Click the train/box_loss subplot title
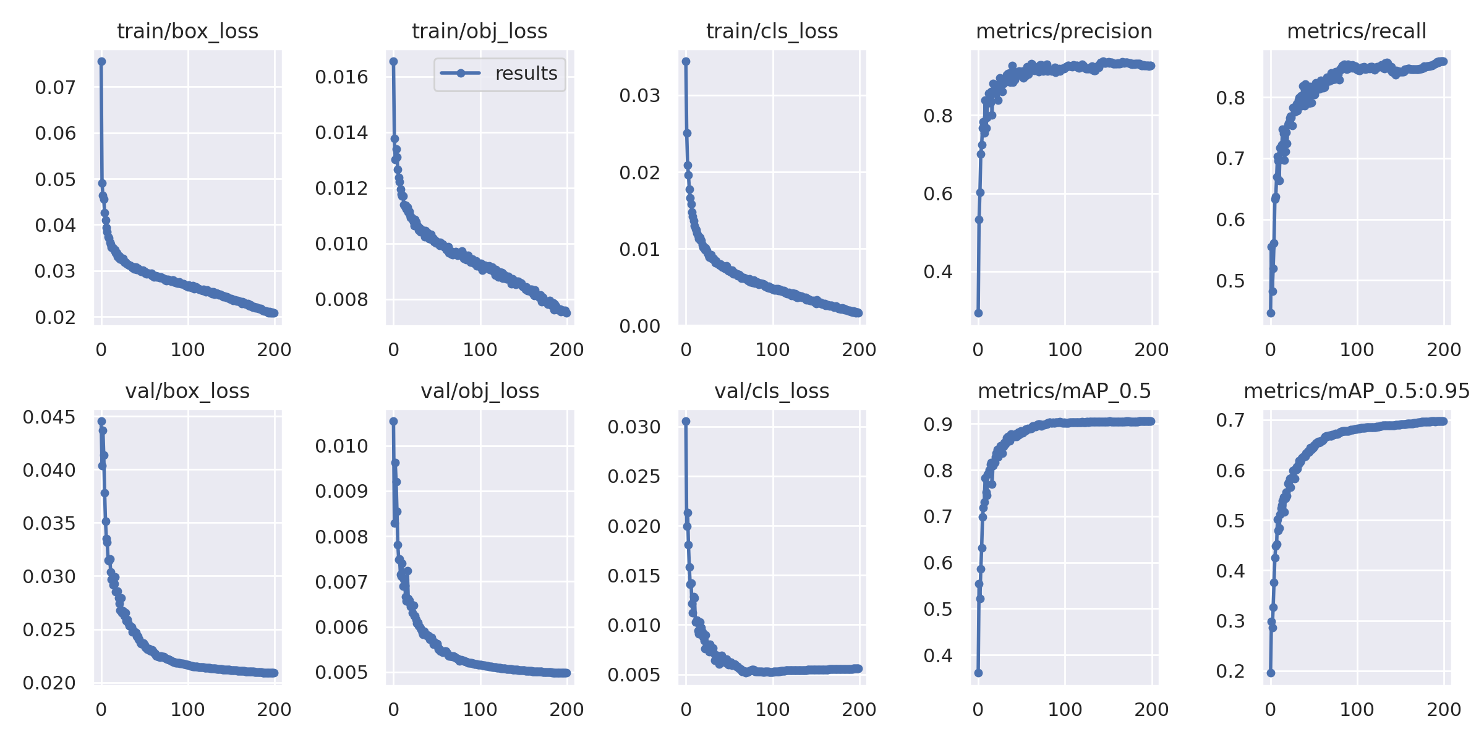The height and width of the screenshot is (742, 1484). tap(187, 31)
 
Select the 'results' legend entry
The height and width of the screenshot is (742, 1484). tap(500, 74)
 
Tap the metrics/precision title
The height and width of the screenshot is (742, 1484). tap(1064, 31)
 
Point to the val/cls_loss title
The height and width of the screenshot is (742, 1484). tap(772, 391)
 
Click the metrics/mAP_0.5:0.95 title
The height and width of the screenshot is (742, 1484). tap(1357, 391)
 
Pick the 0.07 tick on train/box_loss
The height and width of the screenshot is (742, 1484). tap(55, 87)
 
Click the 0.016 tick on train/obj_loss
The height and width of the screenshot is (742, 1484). tap(341, 77)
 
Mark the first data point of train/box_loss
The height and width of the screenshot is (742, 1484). tap(101, 61)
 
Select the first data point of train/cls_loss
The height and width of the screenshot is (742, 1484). tap(686, 61)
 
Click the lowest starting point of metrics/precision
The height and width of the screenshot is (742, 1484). tap(978, 313)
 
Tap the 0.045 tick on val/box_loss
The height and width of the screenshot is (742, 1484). tap(49, 417)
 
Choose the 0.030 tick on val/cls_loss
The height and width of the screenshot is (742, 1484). tap(634, 426)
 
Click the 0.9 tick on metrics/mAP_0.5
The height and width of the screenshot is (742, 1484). tap(937, 424)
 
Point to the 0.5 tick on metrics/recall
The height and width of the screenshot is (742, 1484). tap(1230, 281)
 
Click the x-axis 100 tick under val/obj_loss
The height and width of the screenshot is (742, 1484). tap(480, 709)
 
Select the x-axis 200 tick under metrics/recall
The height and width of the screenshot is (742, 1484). tap(1443, 349)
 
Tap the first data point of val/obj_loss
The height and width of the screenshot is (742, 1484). tap(393, 421)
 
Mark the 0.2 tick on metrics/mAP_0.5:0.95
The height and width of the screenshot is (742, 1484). tap(1230, 671)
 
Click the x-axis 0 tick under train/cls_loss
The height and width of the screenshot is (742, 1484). tap(686, 349)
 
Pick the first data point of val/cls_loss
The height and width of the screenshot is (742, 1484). tap(686, 421)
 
